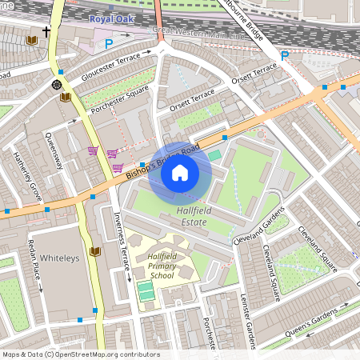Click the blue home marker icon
pyautogui.click(x=180, y=172)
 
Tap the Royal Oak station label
pyautogui.click(x=112, y=18)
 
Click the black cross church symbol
pyautogui.click(x=46, y=32)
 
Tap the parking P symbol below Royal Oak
pyautogui.click(x=109, y=44)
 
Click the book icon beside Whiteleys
pyautogui.click(x=96, y=252)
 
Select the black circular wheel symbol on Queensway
pyautogui.click(x=57, y=84)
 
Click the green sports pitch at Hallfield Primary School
pyautogui.click(x=147, y=292)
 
